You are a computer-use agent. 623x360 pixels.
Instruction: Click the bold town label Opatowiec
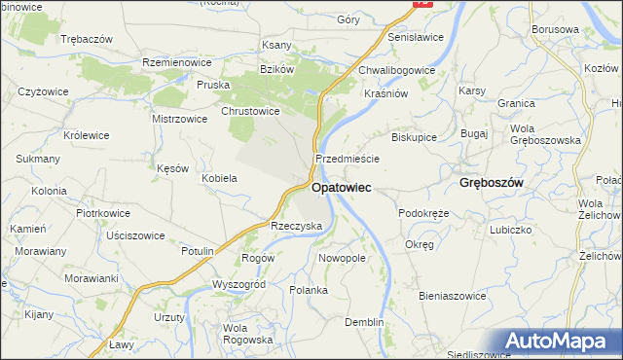tap(341, 187)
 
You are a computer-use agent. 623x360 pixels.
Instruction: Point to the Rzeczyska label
tap(296, 225)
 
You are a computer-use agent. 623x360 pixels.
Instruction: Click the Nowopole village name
tap(342, 259)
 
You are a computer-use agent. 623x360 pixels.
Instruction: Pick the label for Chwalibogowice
tap(396, 70)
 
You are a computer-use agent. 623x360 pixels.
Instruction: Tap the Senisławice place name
tap(416, 37)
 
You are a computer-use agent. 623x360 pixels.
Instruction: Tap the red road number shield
tap(421, 3)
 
